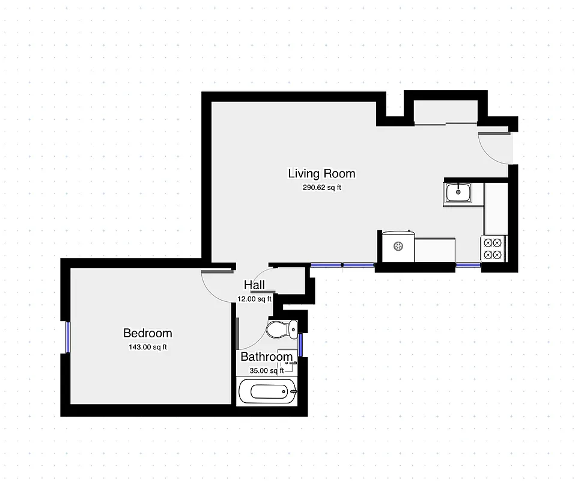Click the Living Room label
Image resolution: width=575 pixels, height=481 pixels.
pyautogui.click(x=321, y=174)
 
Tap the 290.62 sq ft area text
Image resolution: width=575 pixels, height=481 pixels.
pyautogui.click(x=321, y=188)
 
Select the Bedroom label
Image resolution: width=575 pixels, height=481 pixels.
pyautogui.click(x=147, y=333)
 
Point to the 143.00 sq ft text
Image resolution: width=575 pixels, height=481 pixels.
pyautogui.click(x=147, y=347)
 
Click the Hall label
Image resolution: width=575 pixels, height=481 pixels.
pyautogui.click(x=254, y=285)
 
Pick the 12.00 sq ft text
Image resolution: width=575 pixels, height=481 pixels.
pyautogui.click(x=254, y=298)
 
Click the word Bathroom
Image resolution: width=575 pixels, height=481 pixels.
pyautogui.click(x=266, y=357)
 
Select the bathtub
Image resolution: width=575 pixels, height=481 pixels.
pyautogui.click(x=267, y=392)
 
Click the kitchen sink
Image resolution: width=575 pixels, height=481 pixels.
pyautogui.click(x=458, y=192)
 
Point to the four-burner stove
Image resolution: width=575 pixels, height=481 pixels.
pyautogui.click(x=493, y=248)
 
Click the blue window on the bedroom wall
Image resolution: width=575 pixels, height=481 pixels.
pyautogui.click(x=68, y=338)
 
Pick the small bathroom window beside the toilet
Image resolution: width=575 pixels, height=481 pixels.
pyautogui.click(x=300, y=345)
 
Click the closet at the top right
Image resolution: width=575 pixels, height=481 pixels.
pyautogui.click(x=445, y=112)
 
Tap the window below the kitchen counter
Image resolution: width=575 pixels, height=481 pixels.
pyautogui.click(x=467, y=265)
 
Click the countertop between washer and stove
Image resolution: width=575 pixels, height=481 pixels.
pyautogui.click(x=434, y=250)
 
